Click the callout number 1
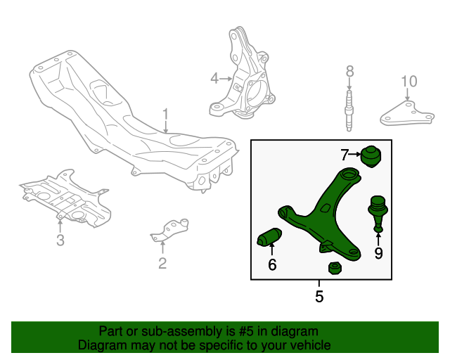pos(166,114)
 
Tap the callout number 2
pos(162,264)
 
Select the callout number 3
pos(60,241)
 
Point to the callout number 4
pos(214,79)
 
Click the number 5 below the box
pos(319,297)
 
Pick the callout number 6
pos(272,265)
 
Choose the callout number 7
pos(345,154)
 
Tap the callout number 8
pos(349,71)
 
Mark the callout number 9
pos(378,253)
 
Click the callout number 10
pos(409,82)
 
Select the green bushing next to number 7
pos(370,156)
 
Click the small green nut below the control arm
pos(335,269)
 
